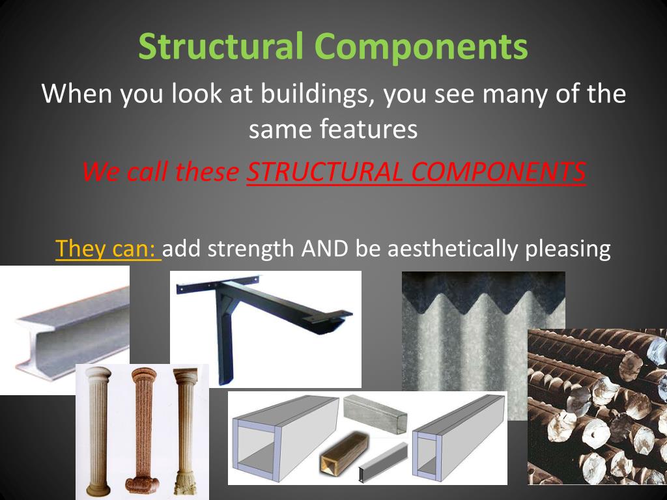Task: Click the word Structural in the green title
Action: pyautogui.click(x=221, y=47)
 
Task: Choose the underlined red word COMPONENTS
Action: pyautogui.click(x=499, y=172)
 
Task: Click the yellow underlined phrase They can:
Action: pyautogui.click(x=107, y=249)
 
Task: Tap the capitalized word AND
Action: pyautogui.click(x=325, y=249)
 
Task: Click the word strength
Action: pyautogui.click(x=251, y=249)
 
